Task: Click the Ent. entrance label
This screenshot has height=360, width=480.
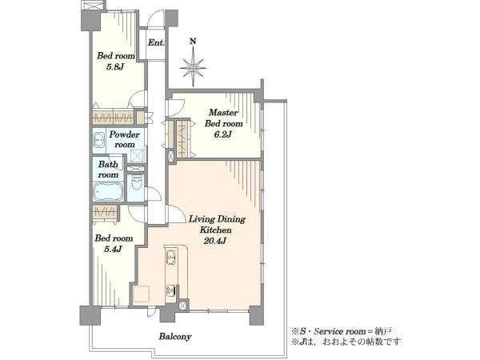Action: pos(156,42)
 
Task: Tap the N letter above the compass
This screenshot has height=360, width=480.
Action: pos(193,42)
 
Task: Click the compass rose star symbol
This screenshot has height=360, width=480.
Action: pos(193,68)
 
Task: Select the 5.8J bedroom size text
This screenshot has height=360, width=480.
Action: pos(115,67)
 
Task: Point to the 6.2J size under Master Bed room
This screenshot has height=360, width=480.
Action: pos(223,134)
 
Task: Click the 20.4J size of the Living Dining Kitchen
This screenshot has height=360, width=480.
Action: pos(215,241)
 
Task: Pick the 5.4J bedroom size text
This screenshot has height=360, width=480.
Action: pos(114,249)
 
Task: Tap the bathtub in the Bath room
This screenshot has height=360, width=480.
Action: pos(108,192)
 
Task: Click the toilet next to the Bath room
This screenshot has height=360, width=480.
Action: pos(136,183)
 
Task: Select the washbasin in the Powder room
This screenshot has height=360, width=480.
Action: pos(99,141)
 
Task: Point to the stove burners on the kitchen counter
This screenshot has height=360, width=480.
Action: pos(170,290)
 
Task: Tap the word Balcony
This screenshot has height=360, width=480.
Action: pos(175,337)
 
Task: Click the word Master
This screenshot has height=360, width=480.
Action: pos(223,113)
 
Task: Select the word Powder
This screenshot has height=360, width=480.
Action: pos(124,134)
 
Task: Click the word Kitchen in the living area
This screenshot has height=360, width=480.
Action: pos(215,230)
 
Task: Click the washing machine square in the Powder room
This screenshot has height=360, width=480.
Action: pos(137,155)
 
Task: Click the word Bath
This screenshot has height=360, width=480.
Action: pos(108,164)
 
